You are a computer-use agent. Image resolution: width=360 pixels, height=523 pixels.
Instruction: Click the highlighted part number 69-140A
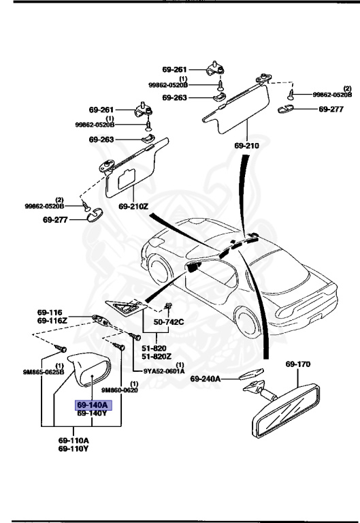tap(92, 405)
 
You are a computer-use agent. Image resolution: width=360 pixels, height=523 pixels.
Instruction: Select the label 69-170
tap(297, 364)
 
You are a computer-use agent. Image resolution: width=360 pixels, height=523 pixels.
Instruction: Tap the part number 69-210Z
tap(133, 206)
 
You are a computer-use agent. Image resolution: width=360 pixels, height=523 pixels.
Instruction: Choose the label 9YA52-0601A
tap(164, 371)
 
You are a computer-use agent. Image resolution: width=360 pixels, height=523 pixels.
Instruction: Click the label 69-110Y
tap(73, 449)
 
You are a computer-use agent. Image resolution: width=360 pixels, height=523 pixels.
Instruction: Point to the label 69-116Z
tap(52, 320)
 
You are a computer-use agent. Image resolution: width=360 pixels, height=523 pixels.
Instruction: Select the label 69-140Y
tap(92, 413)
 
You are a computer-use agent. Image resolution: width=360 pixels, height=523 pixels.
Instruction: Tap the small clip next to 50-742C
tap(167, 307)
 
